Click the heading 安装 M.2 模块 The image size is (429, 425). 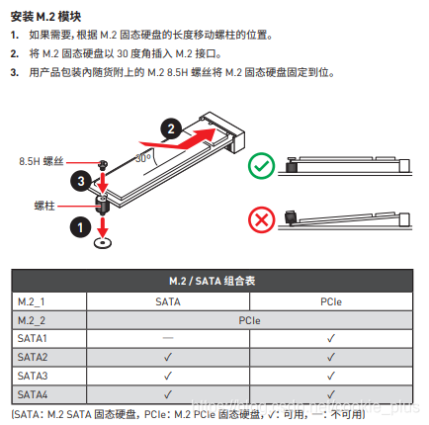(x=46, y=17)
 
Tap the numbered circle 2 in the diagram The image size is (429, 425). (x=171, y=127)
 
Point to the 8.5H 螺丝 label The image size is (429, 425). (x=43, y=160)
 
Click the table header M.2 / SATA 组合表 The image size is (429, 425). (x=214, y=281)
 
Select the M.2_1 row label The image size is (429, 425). (x=32, y=300)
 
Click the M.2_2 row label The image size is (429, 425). (x=32, y=320)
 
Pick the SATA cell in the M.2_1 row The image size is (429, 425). (x=167, y=300)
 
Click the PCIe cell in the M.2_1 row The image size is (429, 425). (x=331, y=300)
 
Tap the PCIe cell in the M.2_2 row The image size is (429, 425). (x=249, y=320)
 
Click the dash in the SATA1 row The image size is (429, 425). (x=167, y=339)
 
